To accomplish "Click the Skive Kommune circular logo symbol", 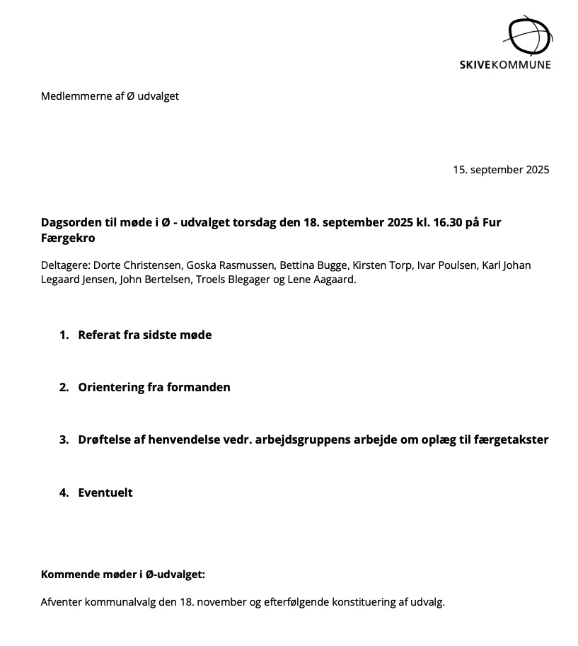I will (x=529, y=35).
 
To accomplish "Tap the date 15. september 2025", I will (x=501, y=170).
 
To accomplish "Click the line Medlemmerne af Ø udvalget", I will (x=110, y=96).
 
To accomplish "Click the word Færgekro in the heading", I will (x=68, y=238).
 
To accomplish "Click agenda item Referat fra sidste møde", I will (x=144, y=335).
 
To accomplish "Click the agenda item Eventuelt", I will (x=105, y=492).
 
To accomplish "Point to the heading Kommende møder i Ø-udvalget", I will (x=123, y=574).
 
